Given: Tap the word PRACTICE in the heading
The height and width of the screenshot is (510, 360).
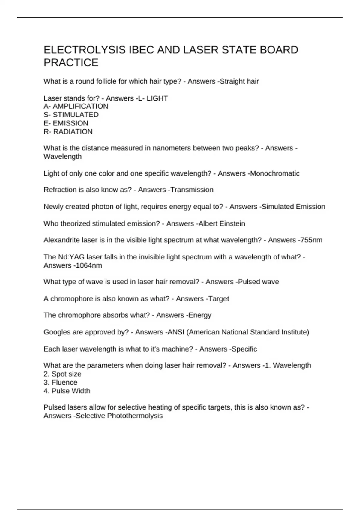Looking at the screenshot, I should pyautogui.click(x=71, y=63).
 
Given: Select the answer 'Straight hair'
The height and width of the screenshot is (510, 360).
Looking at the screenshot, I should pyautogui.click(x=239, y=81).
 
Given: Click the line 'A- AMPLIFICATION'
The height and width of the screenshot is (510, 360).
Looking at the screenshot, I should pyautogui.click(x=76, y=106).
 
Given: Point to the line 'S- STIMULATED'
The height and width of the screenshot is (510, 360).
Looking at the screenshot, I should pyautogui.click(x=71, y=115).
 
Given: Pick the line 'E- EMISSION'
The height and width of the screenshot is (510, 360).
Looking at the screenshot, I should pyautogui.click(x=66, y=123).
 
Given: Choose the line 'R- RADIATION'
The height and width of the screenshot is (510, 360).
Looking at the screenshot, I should pyautogui.click(x=68, y=131).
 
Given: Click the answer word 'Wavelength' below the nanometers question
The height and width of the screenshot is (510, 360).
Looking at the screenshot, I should pyautogui.click(x=62, y=156).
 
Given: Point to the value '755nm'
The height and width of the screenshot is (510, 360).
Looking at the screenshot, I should pyautogui.click(x=311, y=240).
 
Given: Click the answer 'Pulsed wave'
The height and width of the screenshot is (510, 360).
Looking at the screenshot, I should pyautogui.click(x=258, y=282).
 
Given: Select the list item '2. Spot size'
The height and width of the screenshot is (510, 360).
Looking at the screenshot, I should pyautogui.click(x=62, y=374).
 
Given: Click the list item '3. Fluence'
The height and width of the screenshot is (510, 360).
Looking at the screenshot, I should pyautogui.click(x=60, y=382).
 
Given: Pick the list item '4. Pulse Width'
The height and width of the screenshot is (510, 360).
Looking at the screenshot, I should pyautogui.click(x=67, y=391).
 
